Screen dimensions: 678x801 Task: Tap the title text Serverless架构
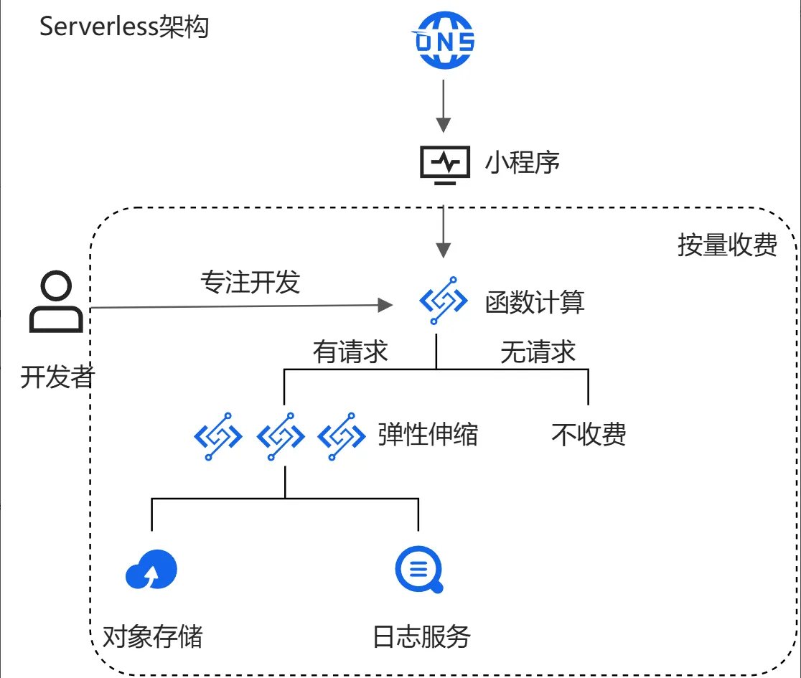tap(123, 27)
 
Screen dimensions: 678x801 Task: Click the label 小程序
tap(522, 163)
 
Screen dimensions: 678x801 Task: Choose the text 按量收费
tap(727, 245)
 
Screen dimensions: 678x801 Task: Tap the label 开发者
tap(57, 377)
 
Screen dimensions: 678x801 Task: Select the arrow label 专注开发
tap(249, 282)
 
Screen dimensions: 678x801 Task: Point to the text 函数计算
tap(535, 302)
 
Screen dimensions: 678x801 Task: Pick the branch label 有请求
tap(350, 352)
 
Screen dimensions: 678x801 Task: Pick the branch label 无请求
tap(538, 352)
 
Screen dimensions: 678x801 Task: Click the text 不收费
tap(589, 434)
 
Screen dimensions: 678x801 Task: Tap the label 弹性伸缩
tap(428, 434)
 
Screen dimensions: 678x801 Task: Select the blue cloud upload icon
tap(151, 570)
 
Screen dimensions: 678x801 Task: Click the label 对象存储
tap(152, 636)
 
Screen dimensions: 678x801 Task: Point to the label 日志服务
tap(421, 636)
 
